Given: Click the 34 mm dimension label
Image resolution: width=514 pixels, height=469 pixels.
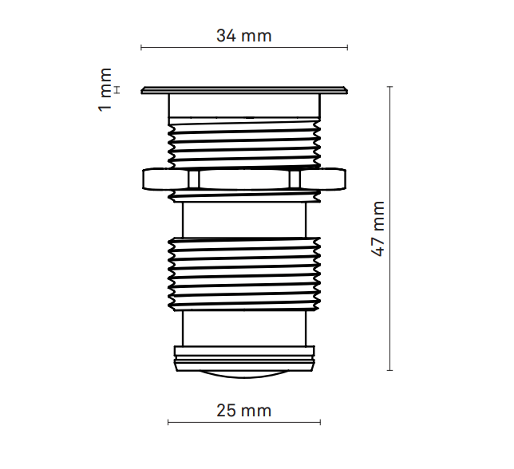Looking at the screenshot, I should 243,36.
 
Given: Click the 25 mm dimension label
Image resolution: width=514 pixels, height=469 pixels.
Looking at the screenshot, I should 243,411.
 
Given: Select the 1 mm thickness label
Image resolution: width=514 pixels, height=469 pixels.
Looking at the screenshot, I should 105,90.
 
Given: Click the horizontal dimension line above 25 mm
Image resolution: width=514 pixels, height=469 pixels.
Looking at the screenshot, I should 243,422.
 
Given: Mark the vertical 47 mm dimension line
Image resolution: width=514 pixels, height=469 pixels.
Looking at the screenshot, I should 390,228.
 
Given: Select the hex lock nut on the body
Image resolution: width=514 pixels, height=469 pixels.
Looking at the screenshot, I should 243,179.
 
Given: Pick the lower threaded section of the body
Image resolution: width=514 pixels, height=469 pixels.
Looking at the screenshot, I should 243,271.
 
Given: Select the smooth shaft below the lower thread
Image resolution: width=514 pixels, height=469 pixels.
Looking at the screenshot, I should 243,327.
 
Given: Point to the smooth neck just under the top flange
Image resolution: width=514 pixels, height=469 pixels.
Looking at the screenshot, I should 243,105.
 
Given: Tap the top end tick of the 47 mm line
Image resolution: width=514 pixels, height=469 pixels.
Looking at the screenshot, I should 390,86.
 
